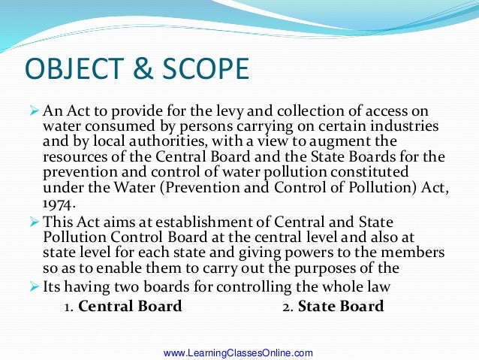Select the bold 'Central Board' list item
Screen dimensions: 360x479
tap(130, 307)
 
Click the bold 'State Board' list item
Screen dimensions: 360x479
tap(341, 307)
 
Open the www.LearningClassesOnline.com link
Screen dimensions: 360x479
tap(238, 352)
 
